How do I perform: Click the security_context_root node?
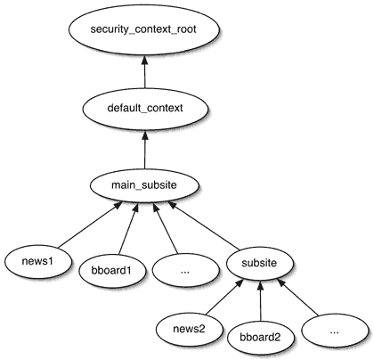pos(144,29)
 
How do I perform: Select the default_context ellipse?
pos(145,108)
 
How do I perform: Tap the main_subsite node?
pos(144,185)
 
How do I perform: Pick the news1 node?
pos(37,261)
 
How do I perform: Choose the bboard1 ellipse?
pos(112,271)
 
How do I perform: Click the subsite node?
pos(259,263)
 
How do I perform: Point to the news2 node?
pos(189,329)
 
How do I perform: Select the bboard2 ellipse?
pos(260,338)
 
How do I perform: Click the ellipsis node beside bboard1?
pos(185,271)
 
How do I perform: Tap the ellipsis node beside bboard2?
pos(335,331)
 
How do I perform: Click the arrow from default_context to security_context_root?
pos(144,71)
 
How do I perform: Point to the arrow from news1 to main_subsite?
pos(90,225)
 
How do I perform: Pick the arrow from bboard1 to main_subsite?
pos(128,229)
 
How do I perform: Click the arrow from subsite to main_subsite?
pos(203,225)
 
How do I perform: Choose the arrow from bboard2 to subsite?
pos(260,301)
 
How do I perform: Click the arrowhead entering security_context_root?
pos(144,60)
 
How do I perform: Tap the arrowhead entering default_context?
pos(144,135)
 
